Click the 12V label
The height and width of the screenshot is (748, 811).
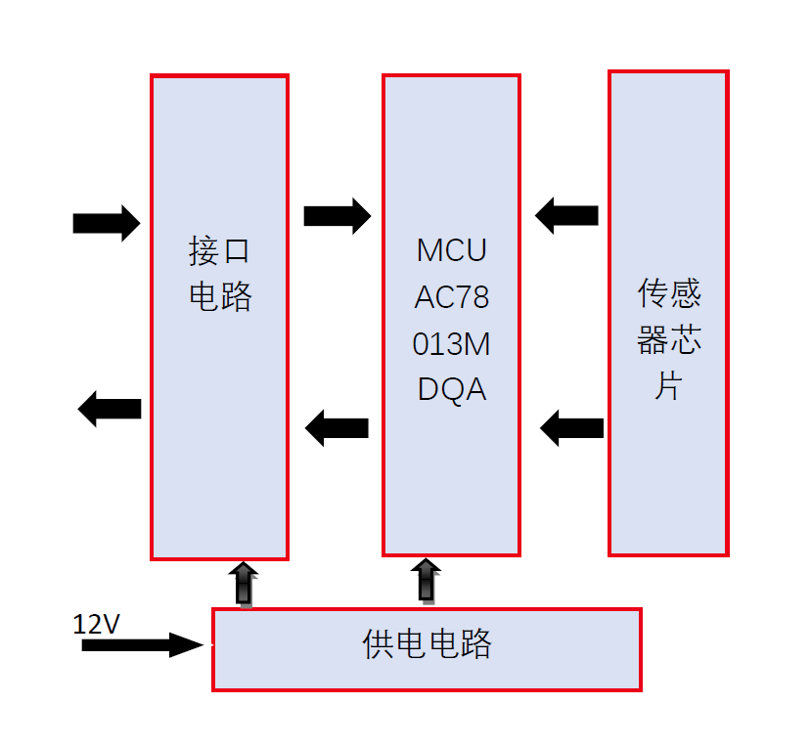tap(96, 624)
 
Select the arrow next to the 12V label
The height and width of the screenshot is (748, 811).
tap(141, 644)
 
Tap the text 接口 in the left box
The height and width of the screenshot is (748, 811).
tap(219, 250)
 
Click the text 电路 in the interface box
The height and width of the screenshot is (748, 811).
tap(219, 296)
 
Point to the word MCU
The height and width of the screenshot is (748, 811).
tap(451, 250)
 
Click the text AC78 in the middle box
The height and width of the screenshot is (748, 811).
tap(451, 296)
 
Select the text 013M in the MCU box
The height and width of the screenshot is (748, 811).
tap(451, 343)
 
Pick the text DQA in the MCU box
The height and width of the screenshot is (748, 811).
tap(451, 389)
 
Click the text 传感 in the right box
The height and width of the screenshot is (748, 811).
tap(669, 292)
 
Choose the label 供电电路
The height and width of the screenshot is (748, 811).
tap(427, 644)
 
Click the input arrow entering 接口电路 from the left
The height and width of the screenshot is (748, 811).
tap(106, 223)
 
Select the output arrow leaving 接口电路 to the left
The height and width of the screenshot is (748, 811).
tap(110, 408)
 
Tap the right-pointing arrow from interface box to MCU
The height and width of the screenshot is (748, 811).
tap(337, 215)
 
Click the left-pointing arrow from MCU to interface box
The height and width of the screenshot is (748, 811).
tap(337, 427)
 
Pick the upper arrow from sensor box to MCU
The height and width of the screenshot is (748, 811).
tap(566, 215)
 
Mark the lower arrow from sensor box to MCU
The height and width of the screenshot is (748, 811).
tap(571, 427)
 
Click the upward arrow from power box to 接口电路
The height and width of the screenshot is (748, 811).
tap(245, 583)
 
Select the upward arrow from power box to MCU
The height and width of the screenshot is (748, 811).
tap(426, 580)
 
